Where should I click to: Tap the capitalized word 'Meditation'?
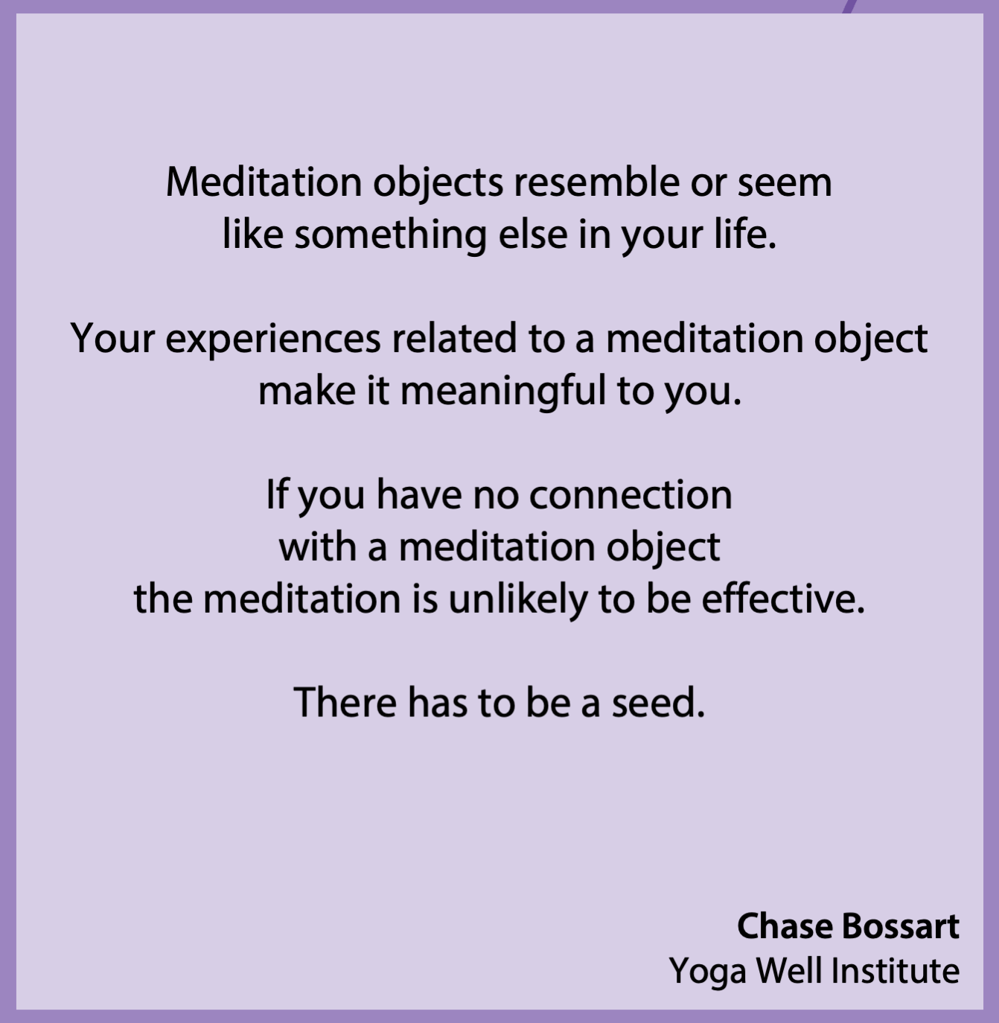tap(264, 183)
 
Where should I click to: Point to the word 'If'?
tap(276, 494)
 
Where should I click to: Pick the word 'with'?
tap(317, 546)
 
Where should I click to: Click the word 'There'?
tap(345, 702)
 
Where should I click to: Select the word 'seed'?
tap(657, 702)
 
